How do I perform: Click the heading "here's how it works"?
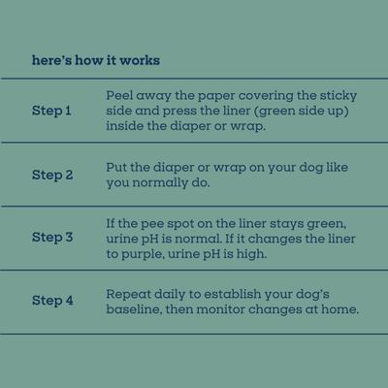[x=96, y=60]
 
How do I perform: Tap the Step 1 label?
[x=51, y=112]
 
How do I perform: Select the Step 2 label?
[x=52, y=176]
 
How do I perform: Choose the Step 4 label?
[x=52, y=301]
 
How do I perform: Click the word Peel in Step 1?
[x=120, y=96]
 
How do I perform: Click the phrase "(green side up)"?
[x=297, y=112]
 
